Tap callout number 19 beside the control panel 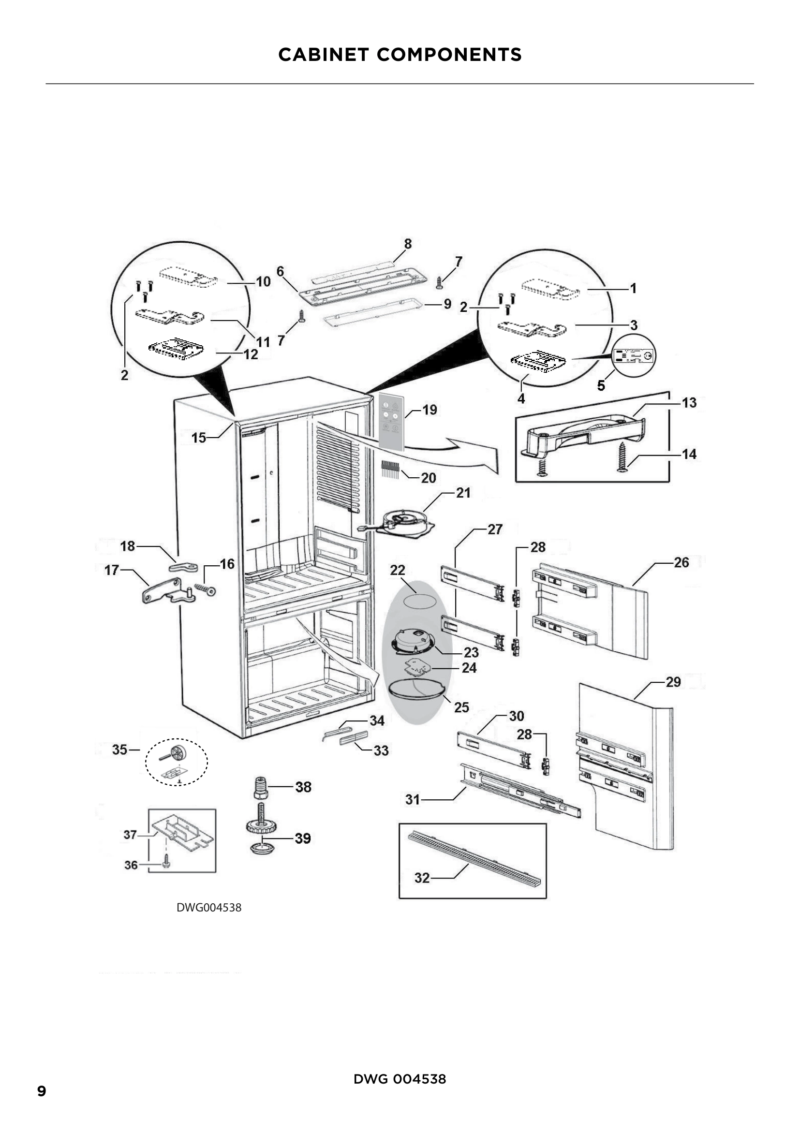pos(430,410)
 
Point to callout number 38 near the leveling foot pos(303,787)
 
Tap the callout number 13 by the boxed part pos(689,403)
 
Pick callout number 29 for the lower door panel pos(673,682)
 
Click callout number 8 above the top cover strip pos(408,244)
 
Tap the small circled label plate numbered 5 pos(635,355)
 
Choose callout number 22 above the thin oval pos(398,570)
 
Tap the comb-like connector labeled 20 pos(390,470)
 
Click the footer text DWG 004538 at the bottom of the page pos(400,1079)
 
